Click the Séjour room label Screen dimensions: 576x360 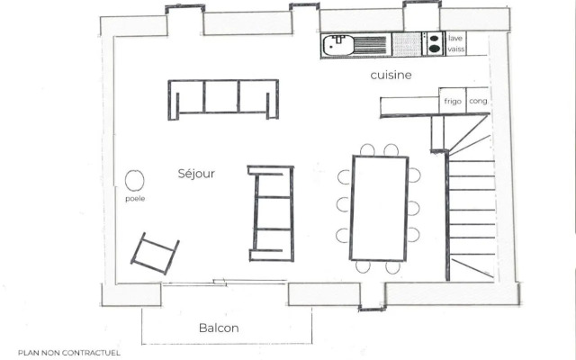[x=196, y=174]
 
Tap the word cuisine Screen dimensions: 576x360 [x=391, y=75]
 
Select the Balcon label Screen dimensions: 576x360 [x=219, y=328]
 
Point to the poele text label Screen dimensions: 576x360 [x=135, y=199]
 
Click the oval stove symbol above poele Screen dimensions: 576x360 [x=134, y=180]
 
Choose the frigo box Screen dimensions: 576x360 [x=453, y=100]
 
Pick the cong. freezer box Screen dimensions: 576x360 [x=477, y=100]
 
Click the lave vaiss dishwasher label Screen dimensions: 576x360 [x=456, y=43]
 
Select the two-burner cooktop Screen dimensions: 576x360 [x=434, y=44]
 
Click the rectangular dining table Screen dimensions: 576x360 [x=380, y=208]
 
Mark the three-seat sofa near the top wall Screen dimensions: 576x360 [x=223, y=99]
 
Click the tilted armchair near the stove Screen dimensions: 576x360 [x=155, y=254]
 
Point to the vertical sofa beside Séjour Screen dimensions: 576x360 [x=271, y=213]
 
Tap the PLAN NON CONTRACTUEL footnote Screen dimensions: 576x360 [x=69, y=353]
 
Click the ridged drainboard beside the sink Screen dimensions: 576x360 [x=370, y=45]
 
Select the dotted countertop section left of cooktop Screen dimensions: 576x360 [x=406, y=44]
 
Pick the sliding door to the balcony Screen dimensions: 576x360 [x=224, y=282]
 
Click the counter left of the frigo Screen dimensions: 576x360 [x=409, y=105]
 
